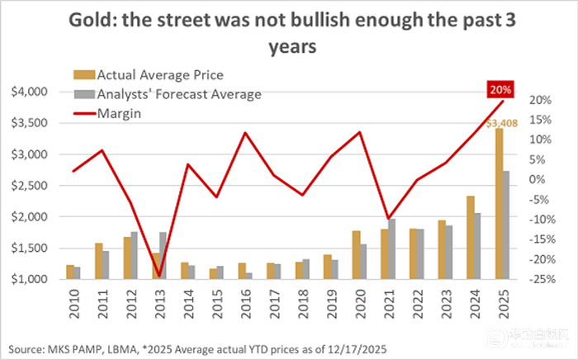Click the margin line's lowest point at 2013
(158, 274)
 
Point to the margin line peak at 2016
(244, 132)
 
